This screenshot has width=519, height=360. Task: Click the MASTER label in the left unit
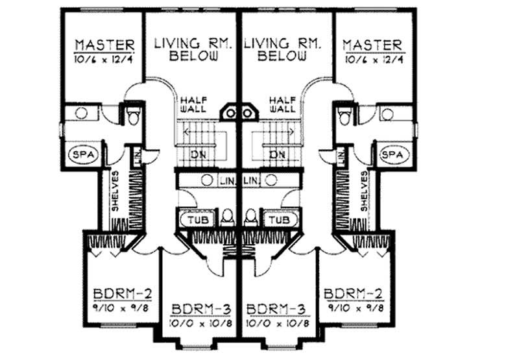click(x=104, y=45)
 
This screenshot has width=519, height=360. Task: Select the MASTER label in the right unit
click(x=373, y=45)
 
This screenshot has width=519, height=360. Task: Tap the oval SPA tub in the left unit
click(x=81, y=155)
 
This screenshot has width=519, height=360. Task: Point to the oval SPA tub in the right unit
click(x=392, y=155)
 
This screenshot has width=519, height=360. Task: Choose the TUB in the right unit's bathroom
click(x=279, y=220)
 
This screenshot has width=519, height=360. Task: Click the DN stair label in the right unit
click(x=278, y=154)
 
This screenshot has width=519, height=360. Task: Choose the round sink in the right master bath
click(x=388, y=114)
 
